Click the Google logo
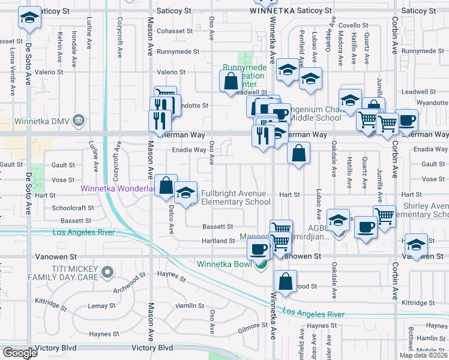point(20,353)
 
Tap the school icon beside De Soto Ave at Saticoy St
point(29,18)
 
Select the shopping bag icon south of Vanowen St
point(286,280)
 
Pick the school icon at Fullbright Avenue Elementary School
point(186,192)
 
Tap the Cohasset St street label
point(174,31)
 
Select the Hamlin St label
point(190,306)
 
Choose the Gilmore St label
point(252,325)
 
